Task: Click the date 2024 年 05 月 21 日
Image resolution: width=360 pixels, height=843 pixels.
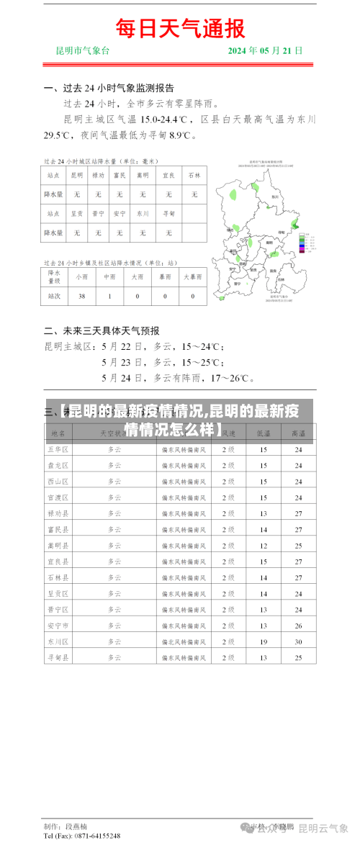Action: [x=265, y=51]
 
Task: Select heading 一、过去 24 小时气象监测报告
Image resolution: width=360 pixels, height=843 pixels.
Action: [x=109, y=89]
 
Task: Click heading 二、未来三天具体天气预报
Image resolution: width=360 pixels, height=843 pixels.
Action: [x=102, y=331]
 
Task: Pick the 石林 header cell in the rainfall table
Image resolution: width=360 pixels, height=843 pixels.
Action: [x=194, y=175]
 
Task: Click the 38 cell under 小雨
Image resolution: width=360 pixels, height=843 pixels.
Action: [x=81, y=296]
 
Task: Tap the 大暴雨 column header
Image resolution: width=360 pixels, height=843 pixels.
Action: [x=192, y=276]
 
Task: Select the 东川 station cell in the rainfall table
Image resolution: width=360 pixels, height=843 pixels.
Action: [x=143, y=214]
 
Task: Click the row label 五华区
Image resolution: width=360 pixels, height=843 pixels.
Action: [x=58, y=449]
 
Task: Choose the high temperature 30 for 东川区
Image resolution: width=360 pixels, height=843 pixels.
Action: [x=298, y=641]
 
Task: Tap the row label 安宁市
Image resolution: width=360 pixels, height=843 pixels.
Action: [x=58, y=625]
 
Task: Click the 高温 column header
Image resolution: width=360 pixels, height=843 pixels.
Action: [x=298, y=433]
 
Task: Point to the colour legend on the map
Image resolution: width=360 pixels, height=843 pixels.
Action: [x=306, y=243]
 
